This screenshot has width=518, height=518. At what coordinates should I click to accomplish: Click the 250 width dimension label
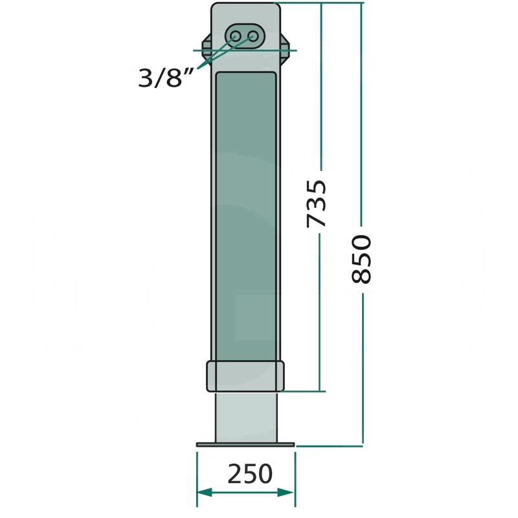250,474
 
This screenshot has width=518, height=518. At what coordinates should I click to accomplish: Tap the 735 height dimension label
317,204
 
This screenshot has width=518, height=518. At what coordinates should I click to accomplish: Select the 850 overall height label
361,259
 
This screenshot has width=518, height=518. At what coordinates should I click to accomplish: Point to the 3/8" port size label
165,78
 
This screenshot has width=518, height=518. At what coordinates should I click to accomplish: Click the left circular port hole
236,36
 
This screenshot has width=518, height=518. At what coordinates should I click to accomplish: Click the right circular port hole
253,36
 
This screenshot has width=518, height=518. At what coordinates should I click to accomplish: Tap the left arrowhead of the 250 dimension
204,493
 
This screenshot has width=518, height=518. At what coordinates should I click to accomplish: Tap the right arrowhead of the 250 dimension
286,493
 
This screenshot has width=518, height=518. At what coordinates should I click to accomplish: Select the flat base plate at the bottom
245,445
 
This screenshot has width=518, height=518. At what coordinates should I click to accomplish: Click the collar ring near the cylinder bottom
245,376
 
